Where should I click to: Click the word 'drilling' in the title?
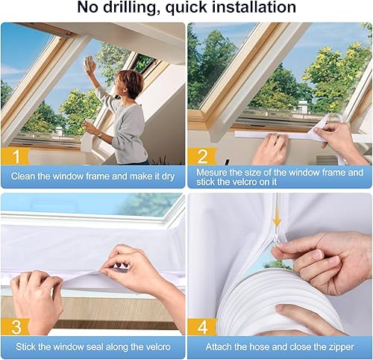pyautogui.click(x=131, y=7)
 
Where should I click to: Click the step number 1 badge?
pyautogui.click(x=16, y=157)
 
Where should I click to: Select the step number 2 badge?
pyautogui.click(x=203, y=157)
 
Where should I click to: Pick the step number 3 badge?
pyautogui.click(x=16, y=327)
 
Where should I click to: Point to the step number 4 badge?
pyautogui.click(x=203, y=327)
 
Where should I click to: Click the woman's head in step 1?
pyautogui.click(x=131, y=84)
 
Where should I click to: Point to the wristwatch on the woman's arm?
pyautogui.click(x=100, y=135)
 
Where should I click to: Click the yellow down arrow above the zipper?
pyautogui.click(x=277, y=221)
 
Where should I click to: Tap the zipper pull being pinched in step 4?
pyautogui.click(x=277, y=240)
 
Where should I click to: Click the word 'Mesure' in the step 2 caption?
pyautogui.click(x=211, y=173)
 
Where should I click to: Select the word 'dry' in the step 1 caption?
pyautogui.click(x=168, y=176)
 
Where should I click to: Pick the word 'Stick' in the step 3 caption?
pyautogui.click(x=24, y=347)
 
